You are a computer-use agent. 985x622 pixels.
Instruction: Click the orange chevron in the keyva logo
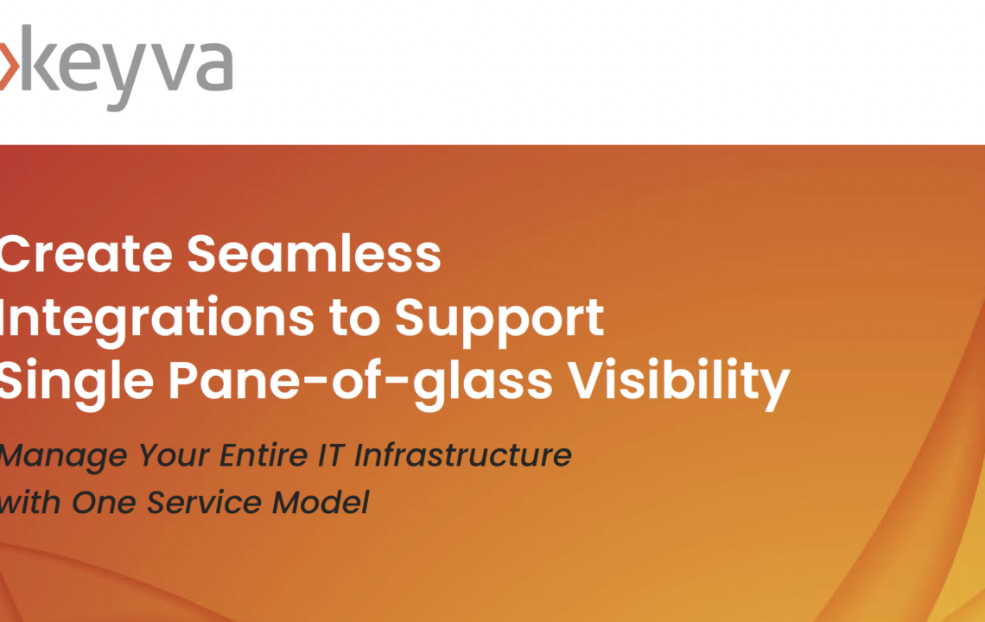(9, 66)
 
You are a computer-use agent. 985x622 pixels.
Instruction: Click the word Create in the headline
(86, 254)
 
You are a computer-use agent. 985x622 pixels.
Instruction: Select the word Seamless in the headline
(315, 254)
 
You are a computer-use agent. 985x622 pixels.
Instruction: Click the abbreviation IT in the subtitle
(332, 455)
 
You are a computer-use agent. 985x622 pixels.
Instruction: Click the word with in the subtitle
(30, 502)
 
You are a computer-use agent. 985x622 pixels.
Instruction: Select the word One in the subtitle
(104, 503)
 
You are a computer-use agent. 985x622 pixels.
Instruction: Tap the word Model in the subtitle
(321, 502)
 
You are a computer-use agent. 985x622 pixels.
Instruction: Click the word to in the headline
(355, 318)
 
